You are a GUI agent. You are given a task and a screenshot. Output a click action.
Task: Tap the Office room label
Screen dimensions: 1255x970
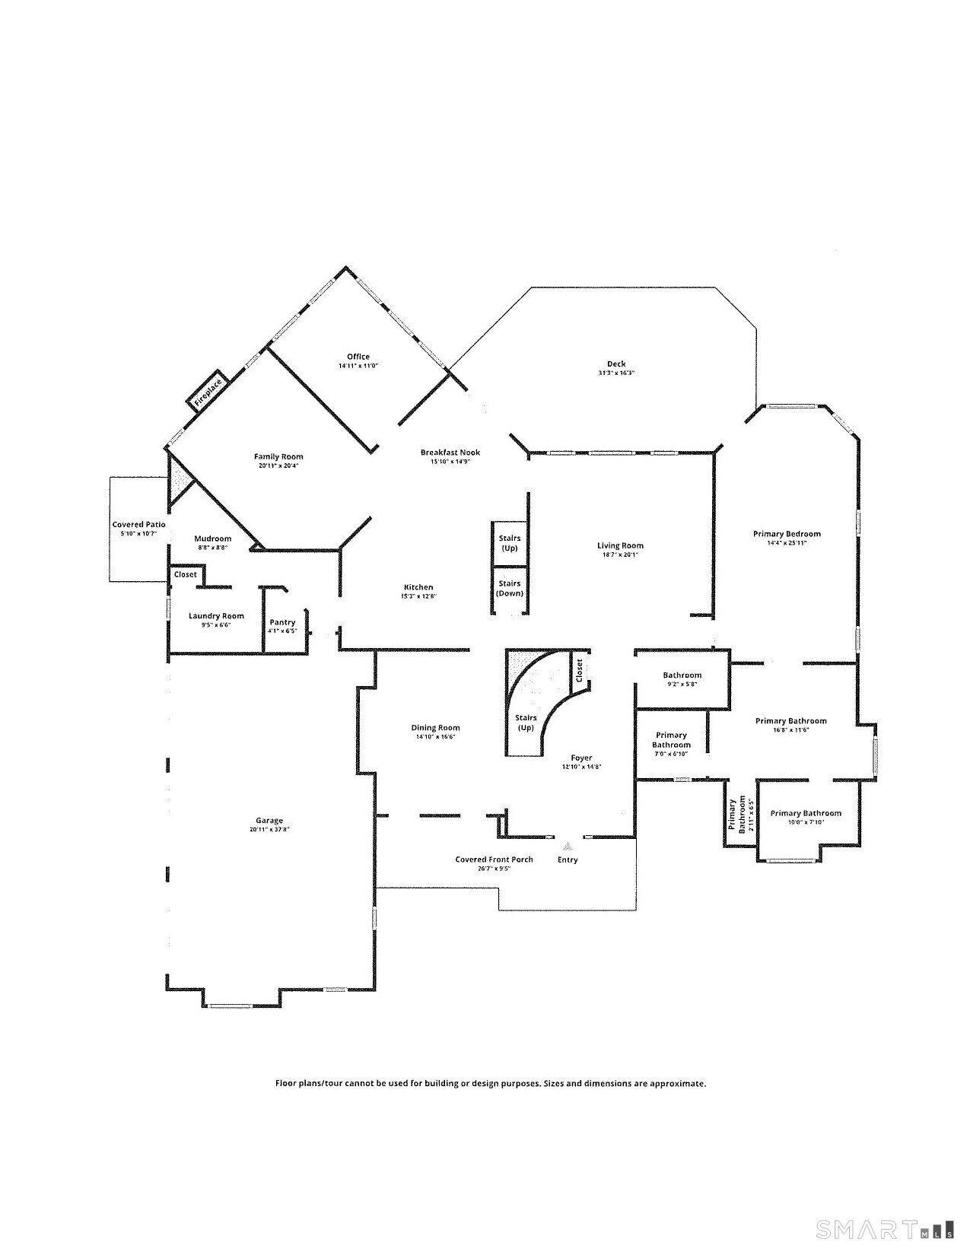[x=358, y=357]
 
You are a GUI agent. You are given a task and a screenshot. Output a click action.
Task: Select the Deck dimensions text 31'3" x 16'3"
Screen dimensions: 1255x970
[x=616, y=373]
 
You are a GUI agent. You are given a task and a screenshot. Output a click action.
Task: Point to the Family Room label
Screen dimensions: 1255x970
[x=278, y=457]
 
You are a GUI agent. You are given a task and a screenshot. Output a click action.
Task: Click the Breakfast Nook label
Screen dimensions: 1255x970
[x=450, y=453]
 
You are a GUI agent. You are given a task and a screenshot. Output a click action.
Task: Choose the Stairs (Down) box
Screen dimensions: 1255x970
[x=510, y=589]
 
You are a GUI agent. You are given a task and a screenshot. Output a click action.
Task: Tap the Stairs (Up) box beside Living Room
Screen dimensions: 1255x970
[x=510, y=543]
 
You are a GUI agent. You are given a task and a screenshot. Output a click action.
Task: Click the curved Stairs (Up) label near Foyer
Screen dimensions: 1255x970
[x=526, y=723]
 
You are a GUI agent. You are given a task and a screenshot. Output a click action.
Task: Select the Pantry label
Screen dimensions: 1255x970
[x=282, y=623]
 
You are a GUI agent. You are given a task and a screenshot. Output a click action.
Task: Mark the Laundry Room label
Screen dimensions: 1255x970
[x=216, y=616]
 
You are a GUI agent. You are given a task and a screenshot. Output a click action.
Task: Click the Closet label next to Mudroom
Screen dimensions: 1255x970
[x=185, y=575]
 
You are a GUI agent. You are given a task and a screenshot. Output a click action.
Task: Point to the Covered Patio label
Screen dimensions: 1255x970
[x=138, y=525]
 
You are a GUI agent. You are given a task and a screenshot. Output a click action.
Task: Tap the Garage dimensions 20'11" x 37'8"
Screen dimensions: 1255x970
[x=269, y=830]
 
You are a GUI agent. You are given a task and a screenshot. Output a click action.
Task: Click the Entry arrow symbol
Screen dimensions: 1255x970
[x=567, y=845]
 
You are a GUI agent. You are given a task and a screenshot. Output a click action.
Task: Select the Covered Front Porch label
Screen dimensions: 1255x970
[x=494, y=859]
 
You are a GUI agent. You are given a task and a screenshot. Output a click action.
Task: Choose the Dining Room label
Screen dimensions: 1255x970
[x=435, y=728]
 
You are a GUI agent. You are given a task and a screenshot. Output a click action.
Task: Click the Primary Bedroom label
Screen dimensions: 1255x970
[x=787, y=534]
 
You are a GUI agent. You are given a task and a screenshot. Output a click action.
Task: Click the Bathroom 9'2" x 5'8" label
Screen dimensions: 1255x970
[x=682, y=675]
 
